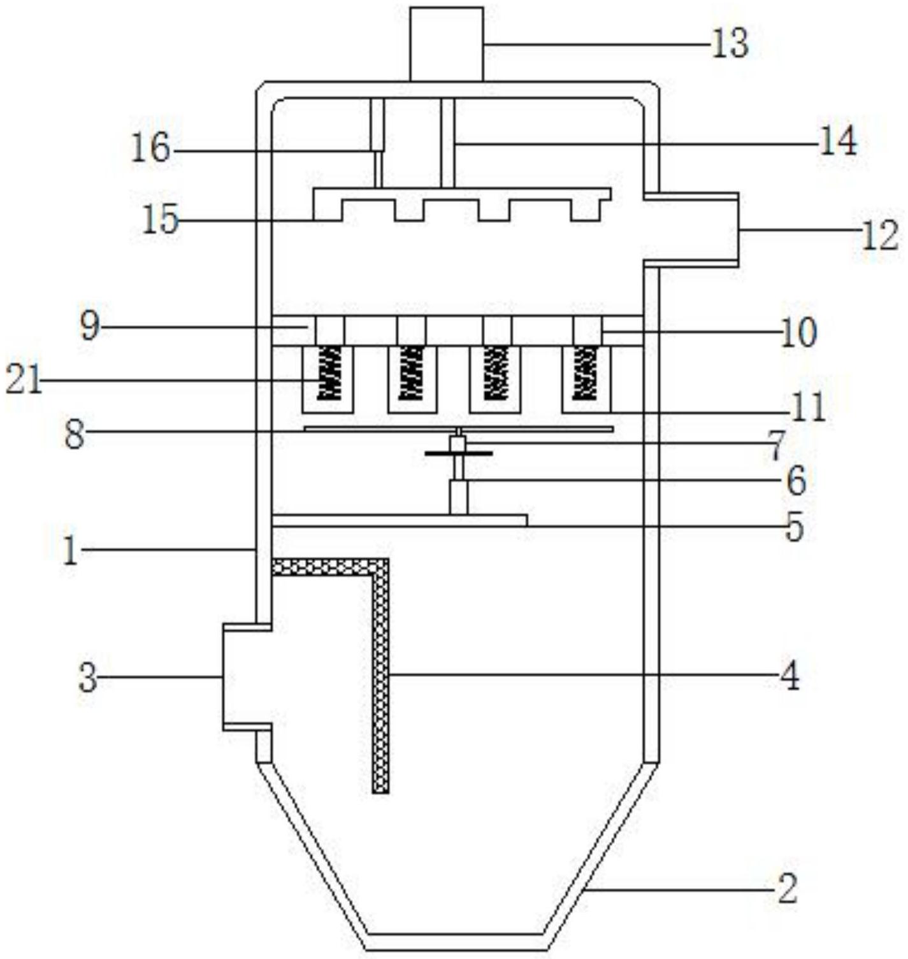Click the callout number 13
point(730,45)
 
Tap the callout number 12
point(881,235)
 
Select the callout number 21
point(24,382)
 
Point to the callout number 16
point(151,149)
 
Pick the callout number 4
point(790,676)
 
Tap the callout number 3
point(89,678)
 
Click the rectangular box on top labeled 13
point(447,44)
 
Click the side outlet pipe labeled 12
point(691,229)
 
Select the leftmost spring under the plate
point(329,373)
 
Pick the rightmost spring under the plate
point(586,373)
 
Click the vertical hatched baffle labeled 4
point(380,675)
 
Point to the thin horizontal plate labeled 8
point(459,429)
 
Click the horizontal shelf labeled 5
point(400,520)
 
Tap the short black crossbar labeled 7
point(459,453)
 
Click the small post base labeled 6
point(459,497)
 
